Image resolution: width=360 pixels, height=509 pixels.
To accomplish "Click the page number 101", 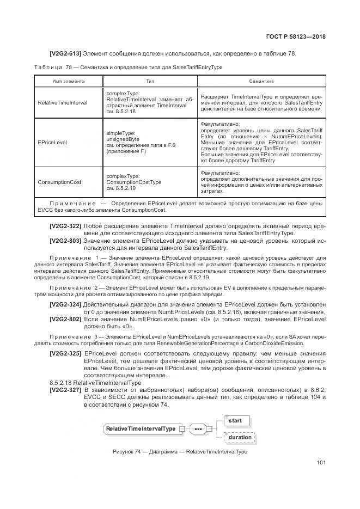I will pos(321,463).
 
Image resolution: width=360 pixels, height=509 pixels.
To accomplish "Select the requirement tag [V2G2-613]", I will pos(65,53).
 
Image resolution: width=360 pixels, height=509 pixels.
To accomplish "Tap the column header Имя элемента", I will pos(69,81).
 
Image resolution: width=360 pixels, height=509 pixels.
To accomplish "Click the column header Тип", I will pos(150,81).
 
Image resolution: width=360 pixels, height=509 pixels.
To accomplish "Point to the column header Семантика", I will pos(261,81).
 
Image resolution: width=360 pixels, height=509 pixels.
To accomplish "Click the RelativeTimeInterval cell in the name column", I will pos(63,102).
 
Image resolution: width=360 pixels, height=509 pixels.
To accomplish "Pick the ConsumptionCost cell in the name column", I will pos(57,182).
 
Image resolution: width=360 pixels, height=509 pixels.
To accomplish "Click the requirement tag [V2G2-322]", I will pos(65,225).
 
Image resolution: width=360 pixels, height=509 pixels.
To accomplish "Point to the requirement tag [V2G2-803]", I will pos(65,240).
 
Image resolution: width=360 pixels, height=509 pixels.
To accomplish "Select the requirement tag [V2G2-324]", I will pos(65,304).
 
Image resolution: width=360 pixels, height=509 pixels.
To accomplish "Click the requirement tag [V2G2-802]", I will pos(65,318).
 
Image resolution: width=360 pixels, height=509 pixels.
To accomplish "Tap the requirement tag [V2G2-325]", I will pos(65,354).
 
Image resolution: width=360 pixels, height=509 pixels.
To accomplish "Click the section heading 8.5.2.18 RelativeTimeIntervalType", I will pos(88,383).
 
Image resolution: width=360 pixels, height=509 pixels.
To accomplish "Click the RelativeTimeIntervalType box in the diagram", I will pos(141,428).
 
